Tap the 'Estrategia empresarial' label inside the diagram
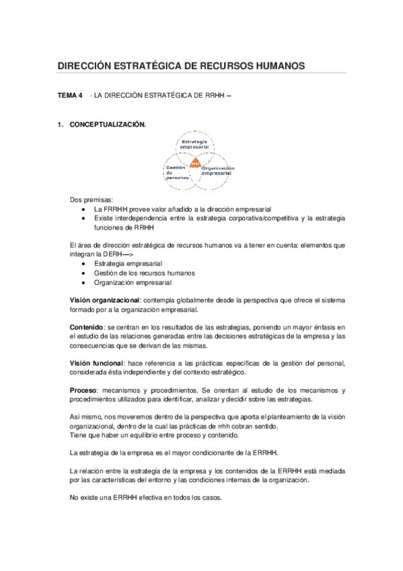195,143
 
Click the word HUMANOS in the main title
277,65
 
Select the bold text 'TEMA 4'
70,97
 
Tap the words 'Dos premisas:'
91,200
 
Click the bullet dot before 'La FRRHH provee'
82,209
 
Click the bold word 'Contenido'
87,328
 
